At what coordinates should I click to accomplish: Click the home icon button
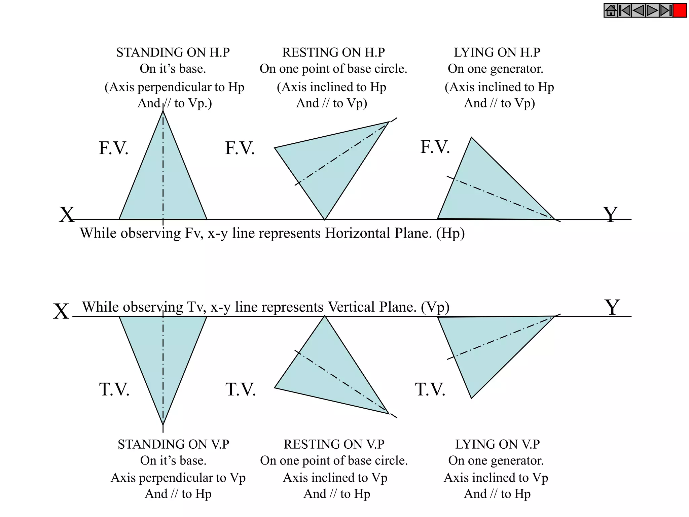[x=611, y=10]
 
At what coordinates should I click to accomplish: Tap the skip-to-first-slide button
[x=625, y=10]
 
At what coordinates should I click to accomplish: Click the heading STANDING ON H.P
[x=173, y=53]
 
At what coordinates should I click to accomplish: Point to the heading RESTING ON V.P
[x=334, y=444]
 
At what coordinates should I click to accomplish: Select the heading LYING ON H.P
[x=497, y=53]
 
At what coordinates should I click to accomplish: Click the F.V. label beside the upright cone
[x=113, y=148]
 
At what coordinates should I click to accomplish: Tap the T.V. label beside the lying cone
[x=430, y=389]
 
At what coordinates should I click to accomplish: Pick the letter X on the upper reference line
[x=67, y=214]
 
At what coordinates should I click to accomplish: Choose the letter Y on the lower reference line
[x=612, y=307]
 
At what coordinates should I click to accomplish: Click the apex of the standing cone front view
[x=163, y=111]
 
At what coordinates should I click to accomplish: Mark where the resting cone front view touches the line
[x=325, y=219]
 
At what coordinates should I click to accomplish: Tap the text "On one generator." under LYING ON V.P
[x=496, y=460]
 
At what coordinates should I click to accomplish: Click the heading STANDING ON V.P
[x=173, y=444]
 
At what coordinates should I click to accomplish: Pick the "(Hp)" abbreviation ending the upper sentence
[x=450, y=233]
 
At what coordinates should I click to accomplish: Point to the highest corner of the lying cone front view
[x=472, y=138]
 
